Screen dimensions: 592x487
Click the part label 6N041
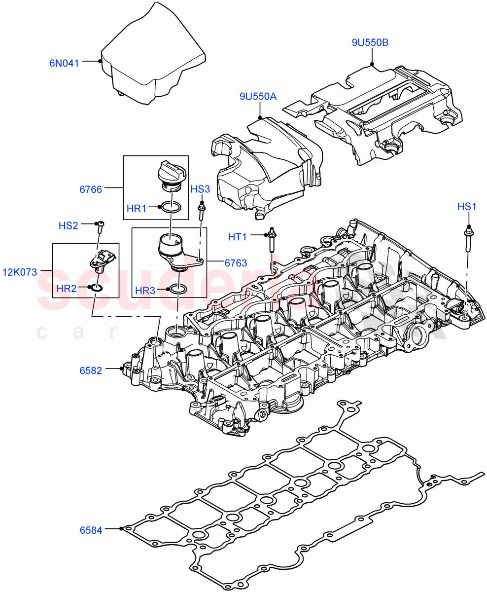[64, 63]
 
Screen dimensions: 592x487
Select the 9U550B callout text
[370, 43]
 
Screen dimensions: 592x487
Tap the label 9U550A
[258, 97]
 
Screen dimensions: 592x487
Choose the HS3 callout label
[200, 189]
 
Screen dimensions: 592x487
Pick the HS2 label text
[69, 225]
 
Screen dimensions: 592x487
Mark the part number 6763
[236, 263]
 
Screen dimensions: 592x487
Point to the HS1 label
[466, 207]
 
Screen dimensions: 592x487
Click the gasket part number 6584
[91, 530]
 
